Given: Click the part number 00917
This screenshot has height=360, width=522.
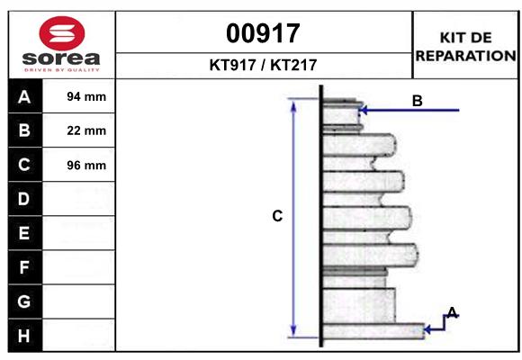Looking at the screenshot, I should point(264,33).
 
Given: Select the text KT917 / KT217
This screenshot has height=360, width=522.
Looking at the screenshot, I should point(264,65).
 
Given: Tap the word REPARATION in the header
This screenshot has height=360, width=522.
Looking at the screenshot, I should point(465,55).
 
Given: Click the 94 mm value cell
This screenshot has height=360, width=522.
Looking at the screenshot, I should point(86,97).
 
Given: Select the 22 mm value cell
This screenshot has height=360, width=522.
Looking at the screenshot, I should point(86,131).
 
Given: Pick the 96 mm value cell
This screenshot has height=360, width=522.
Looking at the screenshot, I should point(86,166).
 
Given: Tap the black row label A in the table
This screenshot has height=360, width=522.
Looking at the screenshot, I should point(24,97).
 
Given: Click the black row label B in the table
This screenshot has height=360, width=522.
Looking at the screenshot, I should point(24,131).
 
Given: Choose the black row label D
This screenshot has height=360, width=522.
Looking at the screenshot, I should point(24,199).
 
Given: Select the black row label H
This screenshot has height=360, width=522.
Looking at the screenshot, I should point(24,336).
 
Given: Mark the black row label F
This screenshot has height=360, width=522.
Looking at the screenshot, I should point(24,267).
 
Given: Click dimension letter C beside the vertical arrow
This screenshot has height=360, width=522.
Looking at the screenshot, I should point(277,216).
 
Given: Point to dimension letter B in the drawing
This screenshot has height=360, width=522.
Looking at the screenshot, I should point(417,101).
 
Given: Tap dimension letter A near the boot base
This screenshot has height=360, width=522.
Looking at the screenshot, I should point(453,312).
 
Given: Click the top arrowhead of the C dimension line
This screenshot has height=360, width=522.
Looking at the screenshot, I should point(293,104).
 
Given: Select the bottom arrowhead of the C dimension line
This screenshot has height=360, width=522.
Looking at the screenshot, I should point(293,330).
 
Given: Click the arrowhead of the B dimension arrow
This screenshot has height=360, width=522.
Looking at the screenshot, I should point(364,111).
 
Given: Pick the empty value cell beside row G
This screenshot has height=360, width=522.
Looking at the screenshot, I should point(86,301).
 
